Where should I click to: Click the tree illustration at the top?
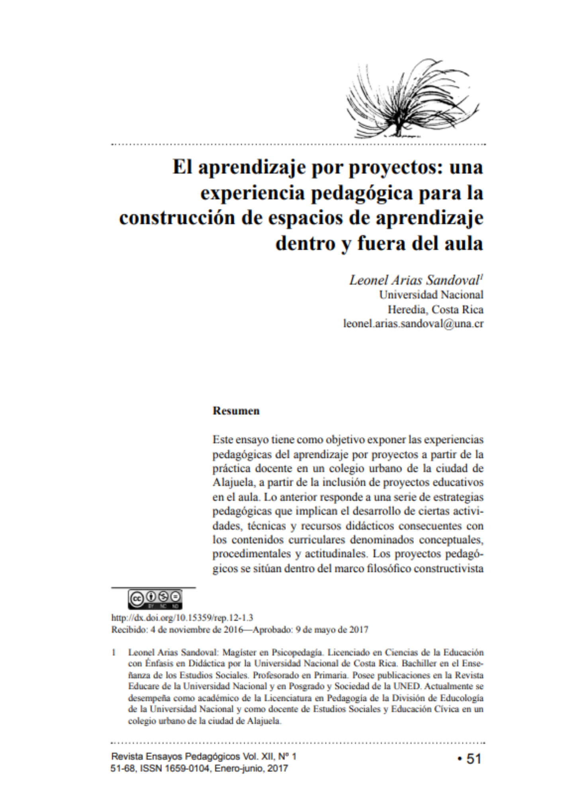pos(412,99)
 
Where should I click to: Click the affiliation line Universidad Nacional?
pos(431,295)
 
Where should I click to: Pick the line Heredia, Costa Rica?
pos(436,309)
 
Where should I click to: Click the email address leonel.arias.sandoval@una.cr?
pos(413,324)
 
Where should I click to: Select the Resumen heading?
pos(236,411)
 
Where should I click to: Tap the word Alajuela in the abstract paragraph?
pos(233,483)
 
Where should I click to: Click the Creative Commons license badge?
pos(155,599)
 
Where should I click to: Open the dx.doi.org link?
pos(182,618)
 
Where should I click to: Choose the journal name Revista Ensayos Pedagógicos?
pos(176,756)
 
